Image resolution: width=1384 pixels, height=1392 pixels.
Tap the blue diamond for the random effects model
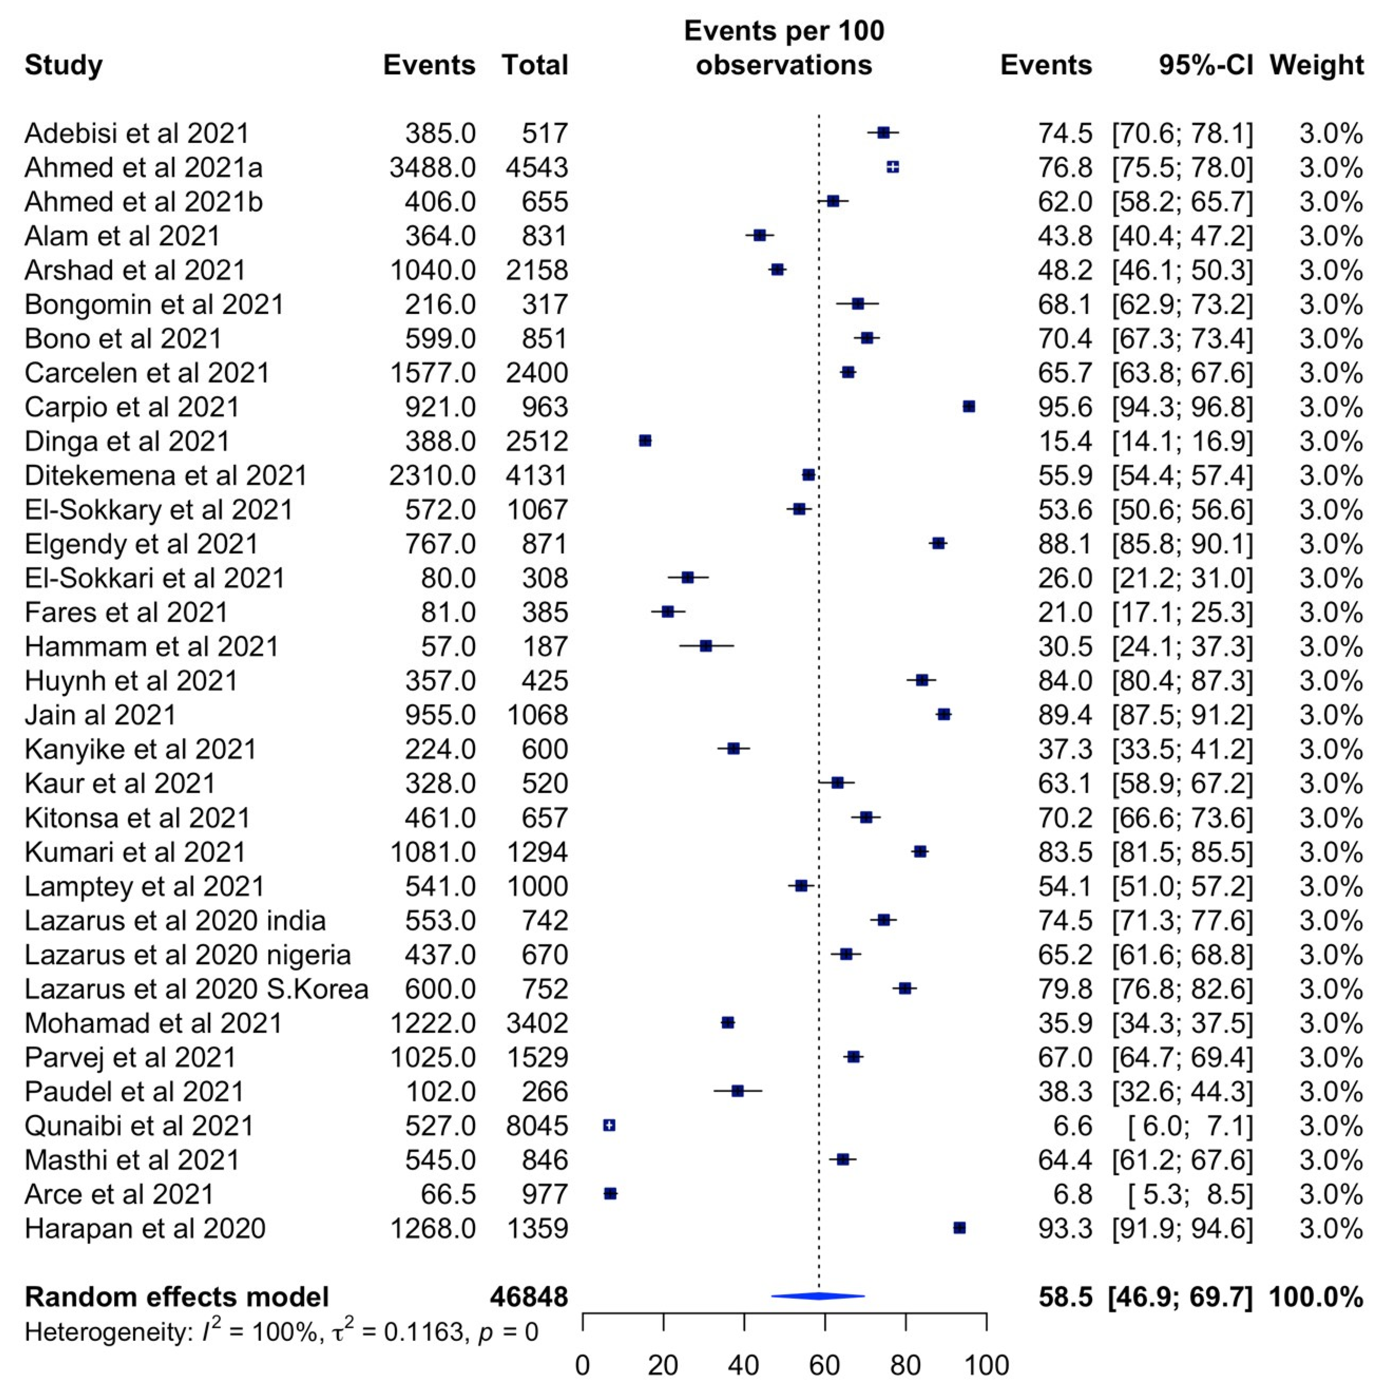coord(818,1296)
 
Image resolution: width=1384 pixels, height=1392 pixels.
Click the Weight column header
coord(1316,65)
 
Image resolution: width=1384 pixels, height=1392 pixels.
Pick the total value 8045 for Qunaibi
coord(537,1126)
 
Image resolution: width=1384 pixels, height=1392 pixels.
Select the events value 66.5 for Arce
coord(448,1194)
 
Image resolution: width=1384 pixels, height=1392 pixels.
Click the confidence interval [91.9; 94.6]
coord(1182,1228)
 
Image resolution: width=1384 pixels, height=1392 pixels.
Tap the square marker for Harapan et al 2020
coord(959,1228)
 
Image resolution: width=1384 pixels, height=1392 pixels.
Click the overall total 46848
coord(529,1297)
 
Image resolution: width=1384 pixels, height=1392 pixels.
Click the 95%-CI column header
coord(1205,65)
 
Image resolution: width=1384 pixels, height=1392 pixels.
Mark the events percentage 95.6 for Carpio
coord(1065,407)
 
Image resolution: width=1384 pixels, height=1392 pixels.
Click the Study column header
coord(64,65)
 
